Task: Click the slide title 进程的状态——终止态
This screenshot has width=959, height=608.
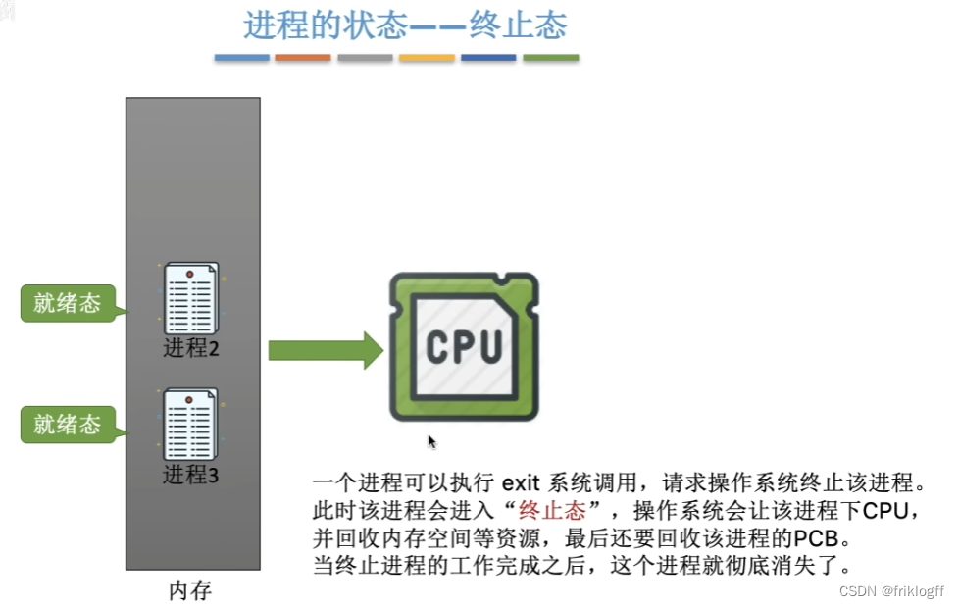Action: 405,25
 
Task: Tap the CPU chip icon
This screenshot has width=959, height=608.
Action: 464,347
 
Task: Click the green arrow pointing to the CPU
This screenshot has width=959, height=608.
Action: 325,350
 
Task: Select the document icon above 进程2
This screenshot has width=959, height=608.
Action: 190,299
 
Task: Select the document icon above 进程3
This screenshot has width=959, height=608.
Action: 190,426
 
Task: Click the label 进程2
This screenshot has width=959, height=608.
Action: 191,349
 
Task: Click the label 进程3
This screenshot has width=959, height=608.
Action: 191,476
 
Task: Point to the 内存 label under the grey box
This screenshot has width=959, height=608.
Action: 190,591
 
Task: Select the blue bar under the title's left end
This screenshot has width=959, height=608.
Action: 242,59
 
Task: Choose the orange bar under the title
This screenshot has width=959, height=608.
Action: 303,59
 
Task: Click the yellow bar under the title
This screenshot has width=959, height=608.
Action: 427,59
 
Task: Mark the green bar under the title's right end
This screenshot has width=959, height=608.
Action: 550,59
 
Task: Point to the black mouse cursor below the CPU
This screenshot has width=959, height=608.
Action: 431,441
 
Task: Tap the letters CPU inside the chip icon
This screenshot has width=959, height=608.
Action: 464,347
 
